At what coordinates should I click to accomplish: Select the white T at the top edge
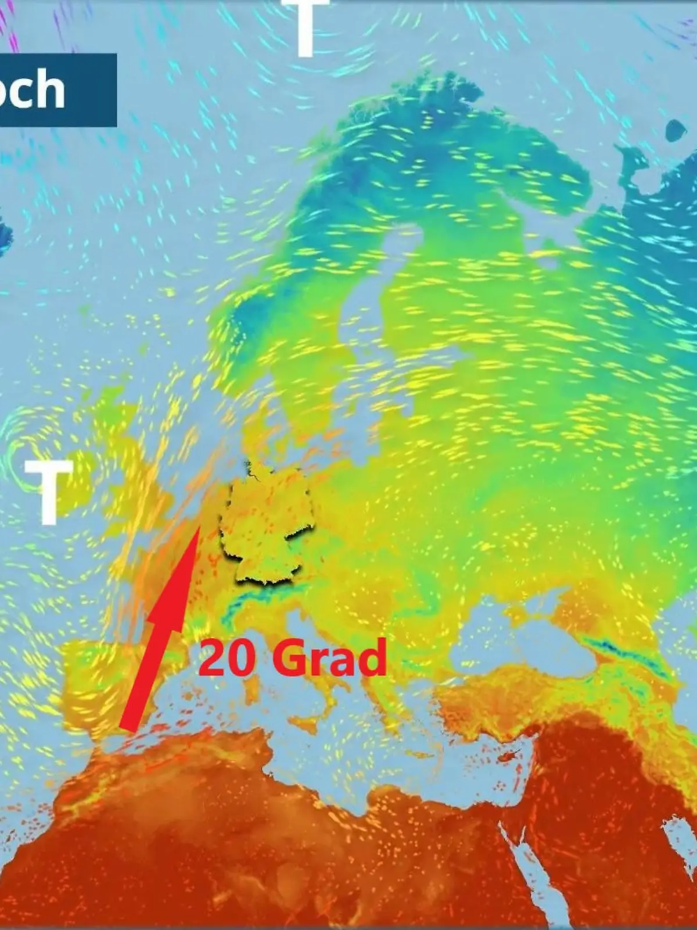click(x=306, y=26)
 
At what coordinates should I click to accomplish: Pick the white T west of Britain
click(x=49, y=491)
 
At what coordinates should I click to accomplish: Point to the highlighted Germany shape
click(x=267, y=523)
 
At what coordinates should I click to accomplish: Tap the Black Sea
click(x=523, y=639)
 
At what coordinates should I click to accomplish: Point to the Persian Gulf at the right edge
click(x=677, y=837)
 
